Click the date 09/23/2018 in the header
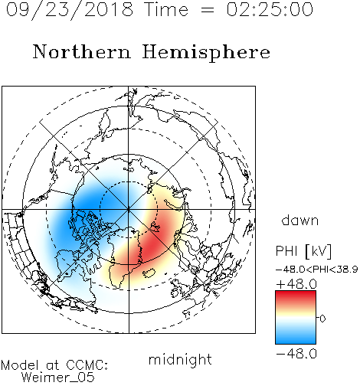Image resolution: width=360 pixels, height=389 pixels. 70,10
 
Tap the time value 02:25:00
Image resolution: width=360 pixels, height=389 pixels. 270,9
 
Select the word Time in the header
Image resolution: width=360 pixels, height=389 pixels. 166,9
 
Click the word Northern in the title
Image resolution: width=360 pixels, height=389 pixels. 82,52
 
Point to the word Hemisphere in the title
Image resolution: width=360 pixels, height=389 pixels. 206,53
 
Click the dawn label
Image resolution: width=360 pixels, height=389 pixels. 300,220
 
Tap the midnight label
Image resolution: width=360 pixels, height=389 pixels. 180,359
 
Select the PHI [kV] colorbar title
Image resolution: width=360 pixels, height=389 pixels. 303,251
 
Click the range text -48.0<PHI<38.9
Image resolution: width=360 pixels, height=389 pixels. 317,269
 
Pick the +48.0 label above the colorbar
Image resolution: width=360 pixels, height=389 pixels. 296,284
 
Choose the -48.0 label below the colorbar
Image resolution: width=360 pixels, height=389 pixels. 296,354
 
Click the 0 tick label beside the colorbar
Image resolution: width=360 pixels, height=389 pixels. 322,319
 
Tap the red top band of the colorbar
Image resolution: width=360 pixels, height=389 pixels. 296,296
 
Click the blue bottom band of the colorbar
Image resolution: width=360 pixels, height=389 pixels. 296,338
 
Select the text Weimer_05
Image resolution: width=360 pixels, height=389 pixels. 58,378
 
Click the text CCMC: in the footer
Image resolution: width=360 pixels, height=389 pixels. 87,365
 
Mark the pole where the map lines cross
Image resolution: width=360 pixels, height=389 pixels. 129,209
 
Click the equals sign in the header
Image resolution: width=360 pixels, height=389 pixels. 208,10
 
